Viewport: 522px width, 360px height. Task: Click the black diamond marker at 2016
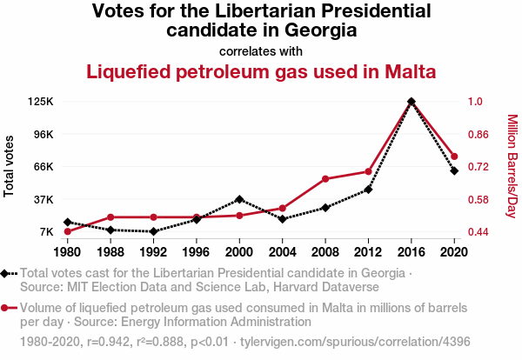coord(411,102)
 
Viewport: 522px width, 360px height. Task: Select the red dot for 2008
coord(325,179)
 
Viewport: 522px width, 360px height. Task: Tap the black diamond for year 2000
coord(239,200)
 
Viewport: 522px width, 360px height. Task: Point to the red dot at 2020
coord(454,157)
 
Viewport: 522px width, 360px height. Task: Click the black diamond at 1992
coord(153,231)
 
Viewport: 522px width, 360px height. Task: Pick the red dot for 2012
coord(368,171)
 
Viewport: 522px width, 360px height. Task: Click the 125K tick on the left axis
coord(41,102)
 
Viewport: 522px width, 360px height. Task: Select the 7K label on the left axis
coord(45,232)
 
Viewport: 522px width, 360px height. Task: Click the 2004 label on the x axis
coord(282,252)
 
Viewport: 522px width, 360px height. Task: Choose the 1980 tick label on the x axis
coord(67,252)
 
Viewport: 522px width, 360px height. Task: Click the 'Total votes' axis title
coord(10,166)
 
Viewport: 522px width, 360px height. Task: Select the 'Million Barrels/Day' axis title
coord(512,166)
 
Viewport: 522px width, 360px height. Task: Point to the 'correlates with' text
coord(261,50)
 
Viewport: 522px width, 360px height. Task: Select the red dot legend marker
coord(8,308)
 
